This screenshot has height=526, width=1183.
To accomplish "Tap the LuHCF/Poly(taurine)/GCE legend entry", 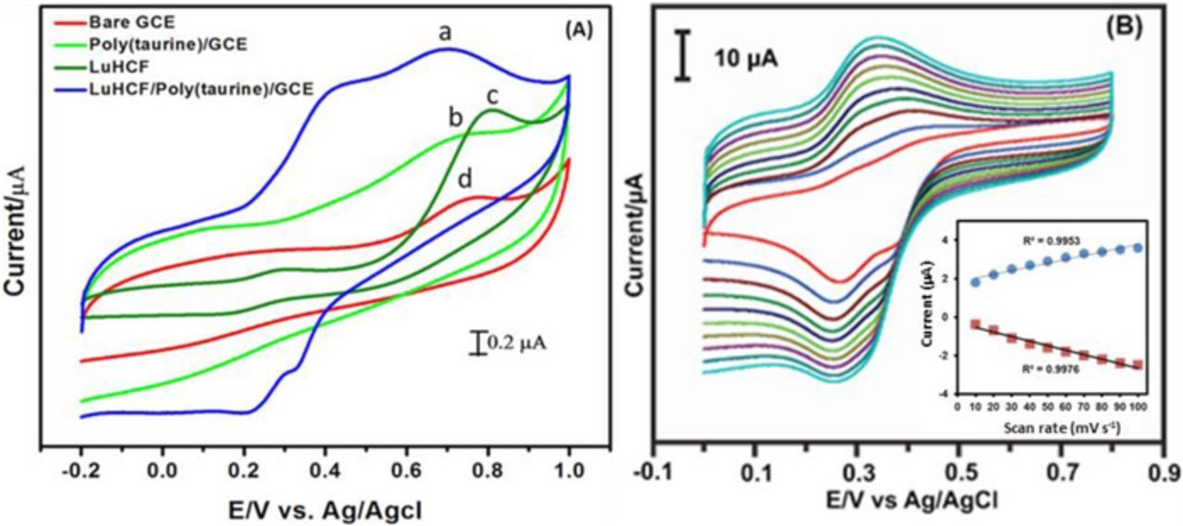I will coord(200,89).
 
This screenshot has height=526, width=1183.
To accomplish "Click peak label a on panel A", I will coord(445,33).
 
